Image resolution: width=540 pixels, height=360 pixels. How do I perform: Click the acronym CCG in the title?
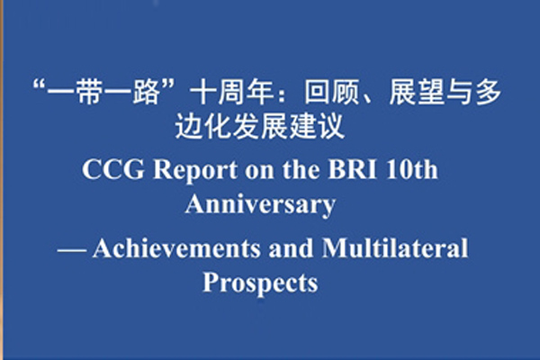(x=113, y=169)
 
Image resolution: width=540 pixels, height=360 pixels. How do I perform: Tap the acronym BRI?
(x=352, y=169)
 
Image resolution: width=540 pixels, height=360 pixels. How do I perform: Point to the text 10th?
(x=412, y=169)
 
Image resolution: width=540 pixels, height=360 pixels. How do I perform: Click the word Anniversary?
(x=260, y=205)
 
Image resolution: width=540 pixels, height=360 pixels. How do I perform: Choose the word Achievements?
(x=176, y=247)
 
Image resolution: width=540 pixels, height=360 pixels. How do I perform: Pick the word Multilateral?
(x=395, y=247)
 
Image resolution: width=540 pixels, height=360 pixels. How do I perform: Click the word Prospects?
(x=260, y=283)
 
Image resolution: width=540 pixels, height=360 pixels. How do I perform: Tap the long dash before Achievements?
(x=72, y=250)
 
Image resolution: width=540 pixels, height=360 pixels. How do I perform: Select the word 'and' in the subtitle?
(x=291, y=248)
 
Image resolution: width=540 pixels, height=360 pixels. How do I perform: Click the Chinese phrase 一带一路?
(x=103, y=93)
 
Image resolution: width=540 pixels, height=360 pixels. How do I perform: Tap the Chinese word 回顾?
(x=331, y=93)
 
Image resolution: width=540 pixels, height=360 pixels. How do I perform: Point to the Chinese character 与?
(x=460, y=93)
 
